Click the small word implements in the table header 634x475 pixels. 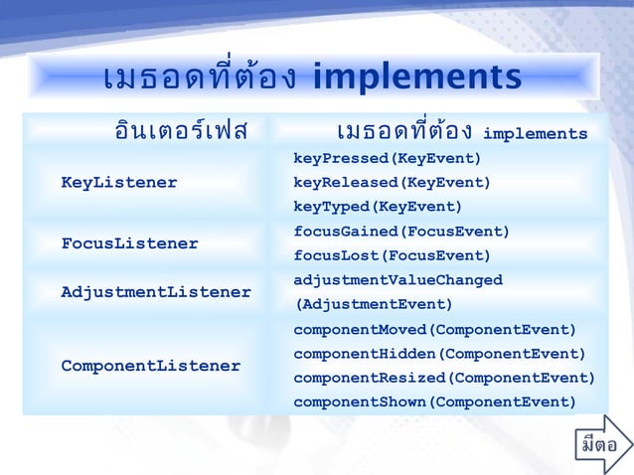535,134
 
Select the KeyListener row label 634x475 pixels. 119,183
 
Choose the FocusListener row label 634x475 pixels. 129,243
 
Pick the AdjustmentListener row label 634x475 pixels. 156,292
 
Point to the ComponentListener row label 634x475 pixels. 151,366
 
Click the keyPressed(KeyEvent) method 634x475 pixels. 387,159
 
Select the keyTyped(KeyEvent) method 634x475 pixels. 378,207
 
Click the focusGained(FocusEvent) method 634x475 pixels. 401,232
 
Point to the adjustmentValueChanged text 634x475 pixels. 397,280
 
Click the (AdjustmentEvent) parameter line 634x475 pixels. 373,304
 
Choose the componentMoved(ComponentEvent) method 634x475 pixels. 434,329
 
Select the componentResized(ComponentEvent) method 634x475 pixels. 444,378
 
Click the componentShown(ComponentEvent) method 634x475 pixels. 434,401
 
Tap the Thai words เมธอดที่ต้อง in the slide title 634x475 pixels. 199,78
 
